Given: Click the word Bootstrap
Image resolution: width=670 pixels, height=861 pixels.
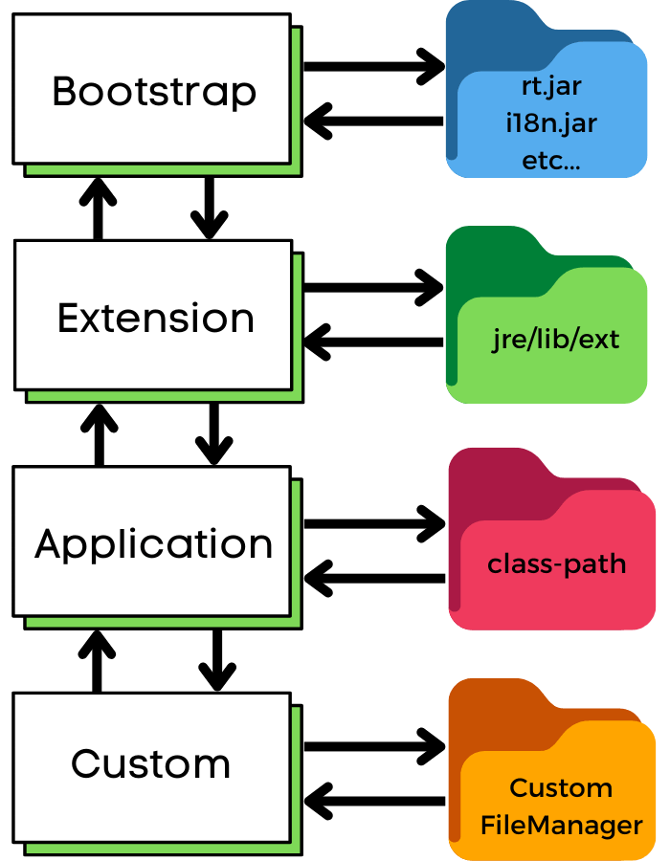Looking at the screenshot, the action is [x=154, y=92].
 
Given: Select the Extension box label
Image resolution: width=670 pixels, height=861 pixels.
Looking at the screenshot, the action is [x=156, y=319].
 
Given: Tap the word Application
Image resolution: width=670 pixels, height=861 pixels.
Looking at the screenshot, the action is [x=154, y=545].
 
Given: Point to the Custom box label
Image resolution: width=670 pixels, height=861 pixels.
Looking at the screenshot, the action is [x=150, y=763].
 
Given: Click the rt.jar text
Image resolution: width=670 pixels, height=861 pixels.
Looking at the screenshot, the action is [x=551, y=86].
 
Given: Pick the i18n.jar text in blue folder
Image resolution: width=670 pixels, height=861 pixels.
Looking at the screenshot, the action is [x=551, y=122].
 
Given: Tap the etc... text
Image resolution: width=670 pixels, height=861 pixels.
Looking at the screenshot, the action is [x=550, y=161].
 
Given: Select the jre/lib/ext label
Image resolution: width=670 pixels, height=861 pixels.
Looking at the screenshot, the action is [x=555, y=340].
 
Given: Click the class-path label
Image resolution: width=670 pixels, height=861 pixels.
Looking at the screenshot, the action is [x=557, y=563].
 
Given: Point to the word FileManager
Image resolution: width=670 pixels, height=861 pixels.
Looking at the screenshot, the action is [x=561, y=826].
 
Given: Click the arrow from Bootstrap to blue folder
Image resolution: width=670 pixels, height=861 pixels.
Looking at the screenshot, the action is [x=374, y=66].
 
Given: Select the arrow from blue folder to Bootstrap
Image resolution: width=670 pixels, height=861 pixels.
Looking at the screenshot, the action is [x=373, y=121].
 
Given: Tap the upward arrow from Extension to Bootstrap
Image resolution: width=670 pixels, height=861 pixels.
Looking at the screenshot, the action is [x=98, y=209].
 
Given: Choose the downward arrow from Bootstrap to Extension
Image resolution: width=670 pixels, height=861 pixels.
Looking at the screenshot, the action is [x=210, y=209].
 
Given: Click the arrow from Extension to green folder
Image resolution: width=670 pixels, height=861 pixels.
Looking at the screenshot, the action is [x=373, y=287].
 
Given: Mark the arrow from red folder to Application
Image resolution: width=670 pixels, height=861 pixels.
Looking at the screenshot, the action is [x=374, y=578].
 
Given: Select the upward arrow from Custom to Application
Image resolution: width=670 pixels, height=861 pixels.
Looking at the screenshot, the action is [x=98, y=661].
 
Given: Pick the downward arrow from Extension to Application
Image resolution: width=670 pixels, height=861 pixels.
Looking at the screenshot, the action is [x=214, y=434].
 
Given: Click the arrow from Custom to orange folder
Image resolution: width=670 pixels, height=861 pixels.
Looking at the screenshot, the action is [x=374, y=746].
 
